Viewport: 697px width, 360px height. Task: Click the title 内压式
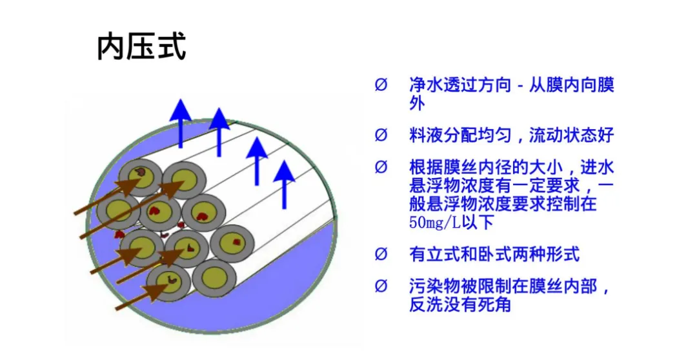[x=141, y=47]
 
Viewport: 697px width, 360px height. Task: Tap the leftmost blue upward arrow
[x=181, y=123]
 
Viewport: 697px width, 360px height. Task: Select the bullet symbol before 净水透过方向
[x=381, y=85]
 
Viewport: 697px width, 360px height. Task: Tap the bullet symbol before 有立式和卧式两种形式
[x=381, y=254]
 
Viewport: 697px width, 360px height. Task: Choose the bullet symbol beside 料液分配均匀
[x=381, y=135]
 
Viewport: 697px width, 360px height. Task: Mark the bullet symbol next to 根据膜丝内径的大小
[x=381, y=168]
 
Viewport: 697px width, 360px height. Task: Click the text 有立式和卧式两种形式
[x=494, y=254]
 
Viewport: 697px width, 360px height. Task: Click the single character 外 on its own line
[x=417, y=103]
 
